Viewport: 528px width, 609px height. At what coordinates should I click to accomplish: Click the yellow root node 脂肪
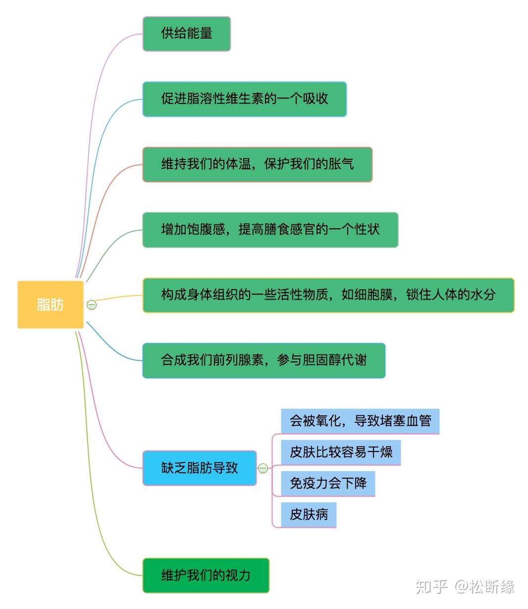[x=50, y=304]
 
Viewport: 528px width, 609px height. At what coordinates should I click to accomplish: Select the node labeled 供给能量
[x=186, y=34]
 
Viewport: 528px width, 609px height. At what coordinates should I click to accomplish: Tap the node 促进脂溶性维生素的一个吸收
[x=244, y=99]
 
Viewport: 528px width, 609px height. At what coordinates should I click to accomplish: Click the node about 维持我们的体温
[x=257, y=164]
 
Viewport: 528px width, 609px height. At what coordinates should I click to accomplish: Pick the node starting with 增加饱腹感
[x=270, y=230]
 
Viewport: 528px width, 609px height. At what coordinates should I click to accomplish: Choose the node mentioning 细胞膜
[x=328, y=295]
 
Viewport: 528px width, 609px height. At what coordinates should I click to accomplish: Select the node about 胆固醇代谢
[x=264, y=360]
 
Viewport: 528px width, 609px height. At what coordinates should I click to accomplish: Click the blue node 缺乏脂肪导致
[x=199, y=468]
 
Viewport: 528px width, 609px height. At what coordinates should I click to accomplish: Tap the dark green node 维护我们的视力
[x=206, y=575]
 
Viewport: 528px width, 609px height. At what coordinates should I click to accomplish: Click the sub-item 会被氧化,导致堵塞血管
[x=360, y=421]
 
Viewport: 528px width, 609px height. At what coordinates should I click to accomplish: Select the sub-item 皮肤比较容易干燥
[x=341, y=452]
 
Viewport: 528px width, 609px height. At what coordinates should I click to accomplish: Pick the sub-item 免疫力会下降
[x=328, y=483]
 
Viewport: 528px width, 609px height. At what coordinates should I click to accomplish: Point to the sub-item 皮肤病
[x=309, y=514]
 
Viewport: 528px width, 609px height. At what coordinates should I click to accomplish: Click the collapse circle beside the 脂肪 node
[x=92, y=305]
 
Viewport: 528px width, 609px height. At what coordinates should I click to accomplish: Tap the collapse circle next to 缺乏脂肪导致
[x=263, y=468]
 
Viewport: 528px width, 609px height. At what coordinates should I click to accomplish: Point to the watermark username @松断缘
[x=485, y=587]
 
